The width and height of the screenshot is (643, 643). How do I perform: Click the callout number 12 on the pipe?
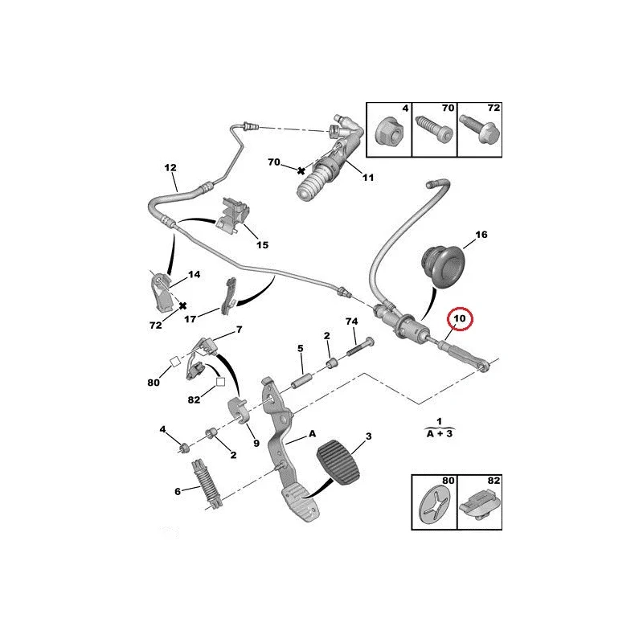tap(170, 168)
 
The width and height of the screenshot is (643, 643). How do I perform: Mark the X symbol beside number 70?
tap(301, 170)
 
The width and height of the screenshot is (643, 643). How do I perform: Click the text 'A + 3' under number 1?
tap(440, 432)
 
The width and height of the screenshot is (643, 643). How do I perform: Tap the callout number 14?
tap(194, 274)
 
